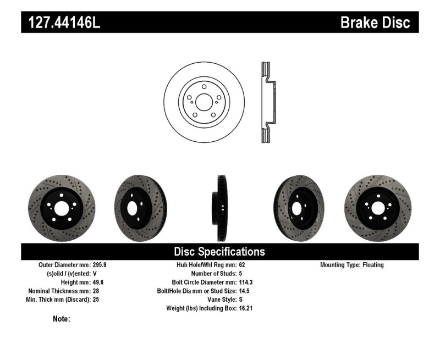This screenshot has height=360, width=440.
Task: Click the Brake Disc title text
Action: coord(375,23)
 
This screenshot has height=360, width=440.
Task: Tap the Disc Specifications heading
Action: coord(219,252)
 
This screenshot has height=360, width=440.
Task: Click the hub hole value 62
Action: coord(243,265)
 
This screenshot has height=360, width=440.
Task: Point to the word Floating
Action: coord(373,265)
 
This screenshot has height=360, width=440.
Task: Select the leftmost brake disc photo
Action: coord(62,204)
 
